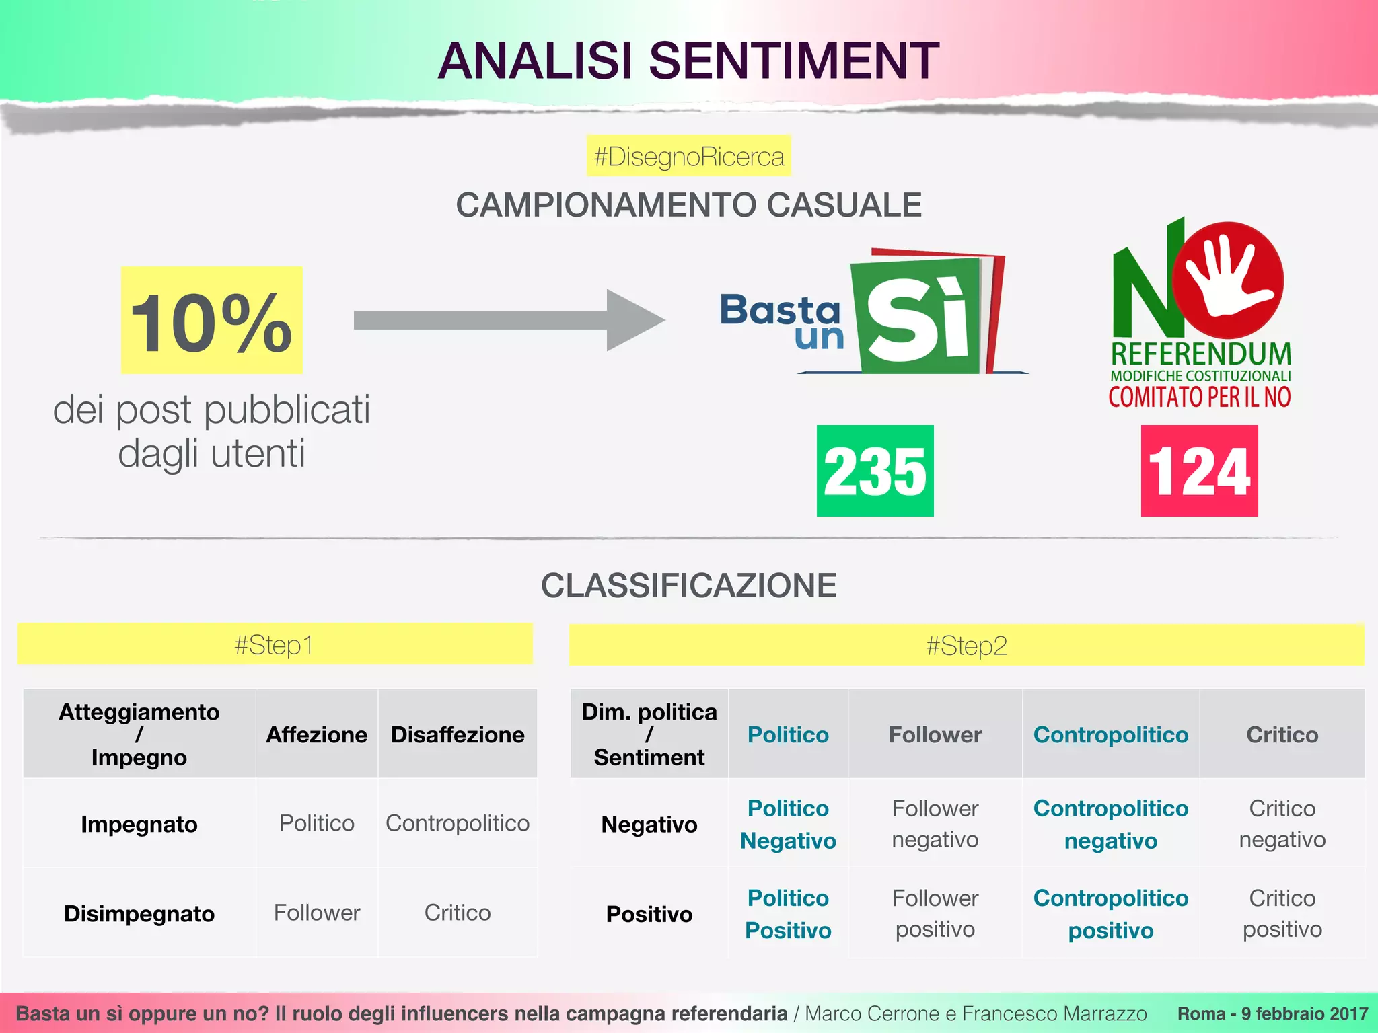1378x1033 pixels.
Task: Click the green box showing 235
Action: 875,471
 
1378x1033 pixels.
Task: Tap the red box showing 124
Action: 1199,471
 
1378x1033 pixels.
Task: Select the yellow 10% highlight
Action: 211,320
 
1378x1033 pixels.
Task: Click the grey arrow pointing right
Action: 509,320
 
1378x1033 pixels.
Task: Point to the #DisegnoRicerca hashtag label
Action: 688,156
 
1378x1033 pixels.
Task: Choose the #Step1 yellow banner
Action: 275,644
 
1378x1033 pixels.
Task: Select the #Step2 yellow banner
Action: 966,646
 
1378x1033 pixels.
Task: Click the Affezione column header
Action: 317,734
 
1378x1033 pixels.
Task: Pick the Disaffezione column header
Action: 458,734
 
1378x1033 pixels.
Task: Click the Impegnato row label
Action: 139,824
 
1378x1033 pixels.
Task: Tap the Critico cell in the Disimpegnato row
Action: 458,913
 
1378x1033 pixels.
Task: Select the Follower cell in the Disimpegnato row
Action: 317,913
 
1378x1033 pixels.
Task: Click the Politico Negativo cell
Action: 788,824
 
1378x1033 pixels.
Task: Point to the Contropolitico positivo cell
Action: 1111,913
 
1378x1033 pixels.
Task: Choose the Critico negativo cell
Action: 1282,824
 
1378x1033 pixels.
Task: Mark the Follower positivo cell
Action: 935,913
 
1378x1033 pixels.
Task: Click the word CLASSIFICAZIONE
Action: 688,585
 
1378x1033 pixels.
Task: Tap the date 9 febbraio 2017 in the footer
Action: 1304,1013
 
